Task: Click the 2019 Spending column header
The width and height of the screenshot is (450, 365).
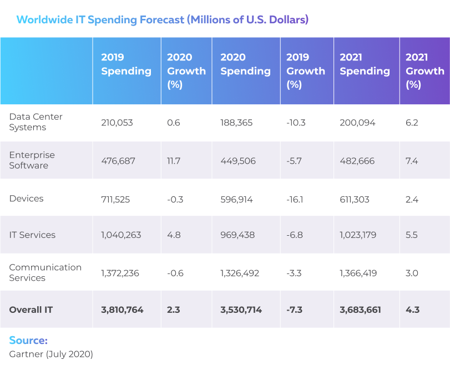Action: pos(126,64)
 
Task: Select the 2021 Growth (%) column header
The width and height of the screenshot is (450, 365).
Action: pos(424,71)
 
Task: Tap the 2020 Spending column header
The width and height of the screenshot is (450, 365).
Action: pos(245,64)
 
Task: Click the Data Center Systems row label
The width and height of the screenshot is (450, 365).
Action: pos(36,122)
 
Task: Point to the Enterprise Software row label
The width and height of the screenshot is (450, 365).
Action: pos(32,160)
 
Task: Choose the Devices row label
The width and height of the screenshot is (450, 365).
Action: pos(26,199)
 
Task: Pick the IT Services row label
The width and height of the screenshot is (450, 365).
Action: pos(32,235)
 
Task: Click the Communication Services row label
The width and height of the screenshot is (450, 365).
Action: pos(45,272)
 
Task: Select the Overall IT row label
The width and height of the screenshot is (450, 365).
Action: pos(31,310)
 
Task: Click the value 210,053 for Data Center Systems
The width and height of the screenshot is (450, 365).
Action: pos(117,123)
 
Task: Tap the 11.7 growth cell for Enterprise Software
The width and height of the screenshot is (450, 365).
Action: pos(174,161)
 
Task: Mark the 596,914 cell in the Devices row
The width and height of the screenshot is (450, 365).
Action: pos(237,199)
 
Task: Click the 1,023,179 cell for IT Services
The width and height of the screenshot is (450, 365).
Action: pos(358,235)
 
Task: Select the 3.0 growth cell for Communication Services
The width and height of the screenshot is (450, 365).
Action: pos(412,273)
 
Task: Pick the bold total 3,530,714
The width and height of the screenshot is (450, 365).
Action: pos(241,310)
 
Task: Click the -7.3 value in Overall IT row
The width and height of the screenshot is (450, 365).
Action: pos(295,310)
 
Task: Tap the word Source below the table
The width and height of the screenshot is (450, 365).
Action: pos(28,340)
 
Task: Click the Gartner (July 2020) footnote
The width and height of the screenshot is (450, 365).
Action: pos(51,353)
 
